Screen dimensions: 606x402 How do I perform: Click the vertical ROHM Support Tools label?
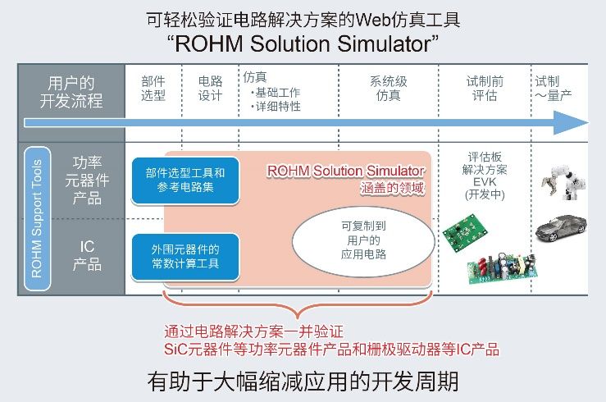37,218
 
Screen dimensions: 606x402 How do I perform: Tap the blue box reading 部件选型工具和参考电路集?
185,180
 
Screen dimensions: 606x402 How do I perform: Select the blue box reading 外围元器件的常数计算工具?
185,257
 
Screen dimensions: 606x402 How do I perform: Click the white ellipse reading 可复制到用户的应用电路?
363,241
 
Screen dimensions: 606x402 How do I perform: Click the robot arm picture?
564,182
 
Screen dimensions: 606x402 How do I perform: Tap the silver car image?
561,227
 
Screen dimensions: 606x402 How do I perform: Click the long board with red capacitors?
502,267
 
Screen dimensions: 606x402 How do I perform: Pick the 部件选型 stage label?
153,89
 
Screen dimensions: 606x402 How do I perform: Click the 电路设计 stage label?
210,89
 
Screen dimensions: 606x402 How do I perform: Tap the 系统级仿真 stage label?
389,89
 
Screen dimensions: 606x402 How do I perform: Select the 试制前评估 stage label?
485,89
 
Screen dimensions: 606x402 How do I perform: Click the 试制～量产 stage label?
554,89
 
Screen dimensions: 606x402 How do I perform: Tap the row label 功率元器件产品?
87,180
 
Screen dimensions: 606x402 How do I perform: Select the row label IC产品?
87,255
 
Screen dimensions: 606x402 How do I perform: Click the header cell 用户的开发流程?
71,93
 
